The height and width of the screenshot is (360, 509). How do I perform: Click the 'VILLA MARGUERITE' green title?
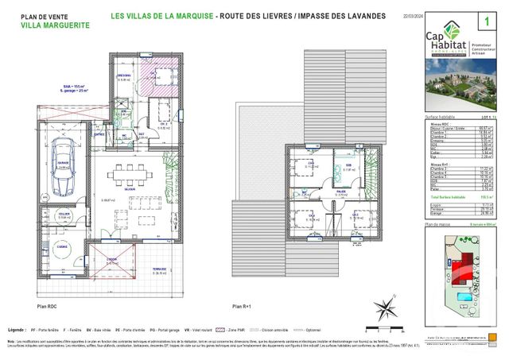[55, 25]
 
